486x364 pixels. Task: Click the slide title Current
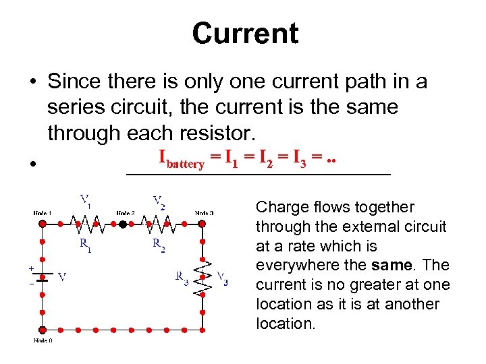[244, 33]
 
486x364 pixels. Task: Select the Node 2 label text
[125, 213]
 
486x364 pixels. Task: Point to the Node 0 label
[43, 340]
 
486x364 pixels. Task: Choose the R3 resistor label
[182, 276]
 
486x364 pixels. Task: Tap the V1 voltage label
[86, 200]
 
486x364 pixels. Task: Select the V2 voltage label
[159, 200]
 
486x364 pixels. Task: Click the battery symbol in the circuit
[43, 276]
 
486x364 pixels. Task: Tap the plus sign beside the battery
[31, 268]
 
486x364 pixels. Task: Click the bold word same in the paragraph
[385, 265]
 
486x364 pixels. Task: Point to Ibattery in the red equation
[182, 160]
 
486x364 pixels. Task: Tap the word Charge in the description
[280, 207]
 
